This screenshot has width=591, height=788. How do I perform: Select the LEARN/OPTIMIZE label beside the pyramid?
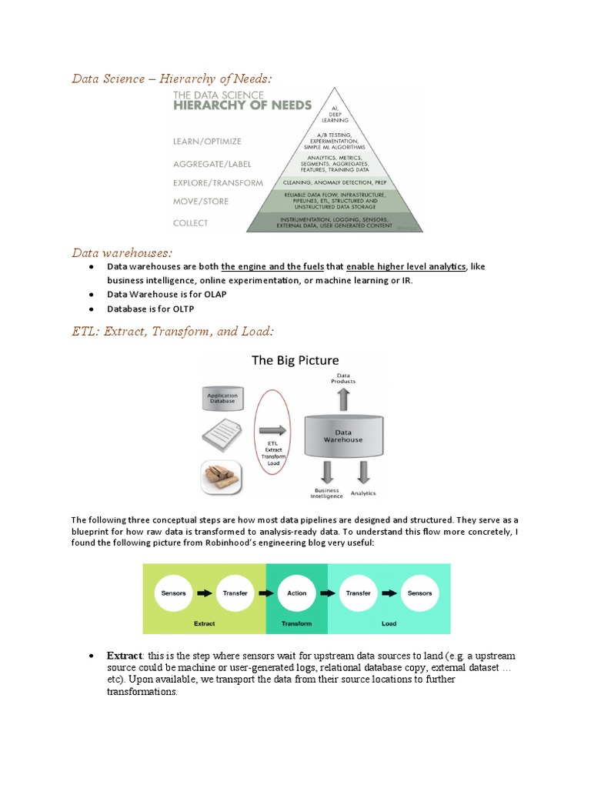207,141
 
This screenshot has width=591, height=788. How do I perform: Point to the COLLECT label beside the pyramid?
190,223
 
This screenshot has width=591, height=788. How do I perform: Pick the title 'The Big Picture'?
295,360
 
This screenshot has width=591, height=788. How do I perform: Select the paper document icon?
223,437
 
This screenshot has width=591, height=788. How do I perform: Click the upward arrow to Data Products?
343,399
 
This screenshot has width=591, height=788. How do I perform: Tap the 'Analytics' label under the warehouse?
363,492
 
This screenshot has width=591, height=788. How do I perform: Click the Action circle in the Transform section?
297,593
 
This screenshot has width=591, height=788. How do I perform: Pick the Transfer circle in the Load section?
358,593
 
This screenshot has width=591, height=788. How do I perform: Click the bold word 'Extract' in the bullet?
124,656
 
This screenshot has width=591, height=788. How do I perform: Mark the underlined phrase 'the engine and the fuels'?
272,266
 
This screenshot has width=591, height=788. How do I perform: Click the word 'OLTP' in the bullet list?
182,309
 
